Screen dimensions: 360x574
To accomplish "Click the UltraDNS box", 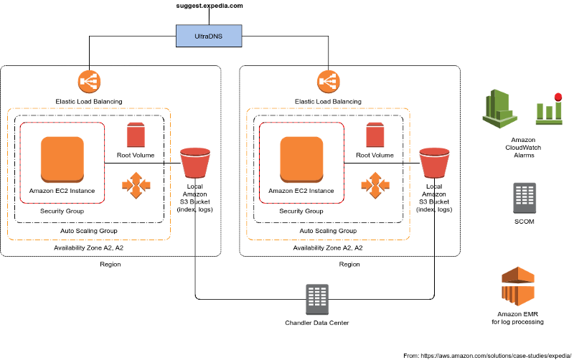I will pos(209,36).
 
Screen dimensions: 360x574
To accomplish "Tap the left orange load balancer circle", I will pos(89,81).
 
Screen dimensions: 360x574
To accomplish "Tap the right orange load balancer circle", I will pos(329,81).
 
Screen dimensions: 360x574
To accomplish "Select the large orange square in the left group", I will pos(62,159).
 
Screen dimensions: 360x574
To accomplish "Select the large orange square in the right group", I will pos(301,159).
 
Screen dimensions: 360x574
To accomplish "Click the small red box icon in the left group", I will pos(136,135).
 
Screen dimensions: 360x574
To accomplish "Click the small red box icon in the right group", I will pos(375,135).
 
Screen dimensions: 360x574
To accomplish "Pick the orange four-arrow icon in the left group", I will pos(136,185).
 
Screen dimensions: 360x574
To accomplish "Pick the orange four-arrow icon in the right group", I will pos(375,185).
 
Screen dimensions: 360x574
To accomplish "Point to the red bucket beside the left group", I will pos(195,163).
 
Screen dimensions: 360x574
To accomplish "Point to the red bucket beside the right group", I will pos(434,163).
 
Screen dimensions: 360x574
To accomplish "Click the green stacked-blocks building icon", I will pos(499,108).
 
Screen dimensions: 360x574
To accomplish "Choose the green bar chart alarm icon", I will pos(549,110).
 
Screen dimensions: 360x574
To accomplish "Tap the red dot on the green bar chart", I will pos(558,97).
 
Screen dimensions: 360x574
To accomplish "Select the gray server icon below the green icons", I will pos(524,197).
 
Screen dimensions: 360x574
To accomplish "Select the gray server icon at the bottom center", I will pos(317,299).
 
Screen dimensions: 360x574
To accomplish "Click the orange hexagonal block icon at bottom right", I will pos(518,286).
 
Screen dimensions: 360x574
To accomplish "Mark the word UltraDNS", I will pos(209,36).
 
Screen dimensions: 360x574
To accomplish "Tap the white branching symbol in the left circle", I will pos(89,81).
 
